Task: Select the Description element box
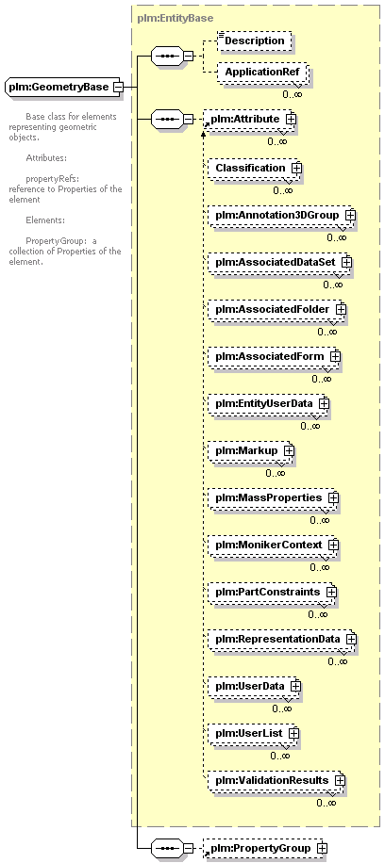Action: [254, 41]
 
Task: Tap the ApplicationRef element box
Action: [262, 72]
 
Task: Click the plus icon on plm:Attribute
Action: [291, 119]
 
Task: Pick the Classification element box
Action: [254, 168]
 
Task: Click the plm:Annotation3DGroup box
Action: [281, 215]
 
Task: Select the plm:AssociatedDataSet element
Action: [279, 263]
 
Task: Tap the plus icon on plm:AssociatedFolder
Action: [341, 309]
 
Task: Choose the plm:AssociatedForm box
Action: [274, 357]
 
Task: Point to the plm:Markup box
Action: [250, 450]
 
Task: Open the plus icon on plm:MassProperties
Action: [332, 497]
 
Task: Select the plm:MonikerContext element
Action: [273, 545]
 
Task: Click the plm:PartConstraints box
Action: [272, 592]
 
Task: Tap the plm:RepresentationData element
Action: [281, 639]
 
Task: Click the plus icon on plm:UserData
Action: [295, 686]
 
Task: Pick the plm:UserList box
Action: [253, 733]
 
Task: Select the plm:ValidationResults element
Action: [276, 780]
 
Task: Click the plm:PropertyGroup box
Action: [265, 848]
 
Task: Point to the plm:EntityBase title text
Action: [175, 18]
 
